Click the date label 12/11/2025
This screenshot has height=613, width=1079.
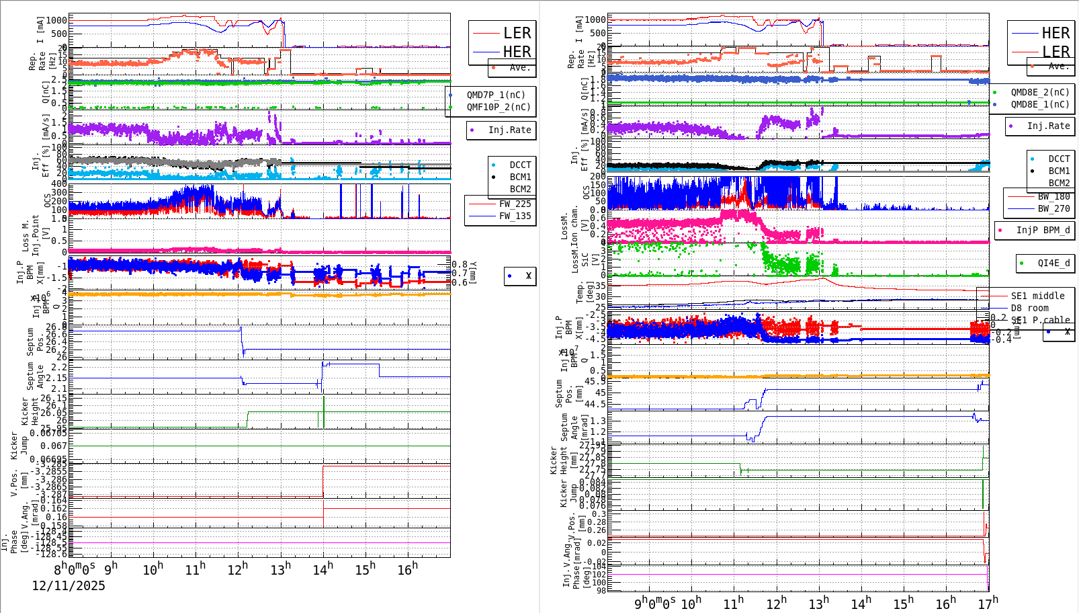(x=69, y=586)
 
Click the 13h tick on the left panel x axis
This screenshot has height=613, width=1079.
(x=281, y=569)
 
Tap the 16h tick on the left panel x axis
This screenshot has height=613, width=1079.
(x=407, y=569)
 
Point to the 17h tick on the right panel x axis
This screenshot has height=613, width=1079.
(x=988, y=603)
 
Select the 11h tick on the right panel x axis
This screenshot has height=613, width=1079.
(x=734, y=603)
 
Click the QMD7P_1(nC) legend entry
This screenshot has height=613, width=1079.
(x=496, y=95)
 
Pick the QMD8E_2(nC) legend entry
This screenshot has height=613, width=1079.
(x=1039, y=92)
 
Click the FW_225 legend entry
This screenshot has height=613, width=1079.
(x=514, y=204)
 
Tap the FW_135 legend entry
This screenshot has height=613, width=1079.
(x=514, y=216)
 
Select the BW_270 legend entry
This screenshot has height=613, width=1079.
(x=1053, y=208)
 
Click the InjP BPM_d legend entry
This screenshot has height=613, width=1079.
(x=1043, y=230)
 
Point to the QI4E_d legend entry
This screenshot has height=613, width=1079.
(x=1053, y=263)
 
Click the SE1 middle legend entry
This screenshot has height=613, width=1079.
(x=1037, y=296)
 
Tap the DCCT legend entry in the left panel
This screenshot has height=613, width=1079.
(x=519, y=165)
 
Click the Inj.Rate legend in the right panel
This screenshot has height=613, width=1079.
(x=1047, y=126)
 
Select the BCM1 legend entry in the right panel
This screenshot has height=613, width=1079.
(x=1059, y=171)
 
